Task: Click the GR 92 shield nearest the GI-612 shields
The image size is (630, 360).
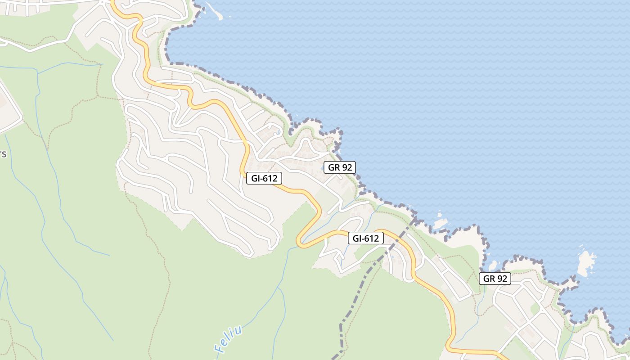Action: (340, 167)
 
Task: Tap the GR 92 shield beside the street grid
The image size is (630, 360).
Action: (495, 279)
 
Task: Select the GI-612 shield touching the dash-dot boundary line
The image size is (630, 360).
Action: (366, 238)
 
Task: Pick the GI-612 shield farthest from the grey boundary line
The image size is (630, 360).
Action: (264, 179)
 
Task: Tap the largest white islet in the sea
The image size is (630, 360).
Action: (586, 264)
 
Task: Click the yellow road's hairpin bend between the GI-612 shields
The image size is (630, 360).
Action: (300, 241)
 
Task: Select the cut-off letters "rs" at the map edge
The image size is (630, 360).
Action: (3, 154)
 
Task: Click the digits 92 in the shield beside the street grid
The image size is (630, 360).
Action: (502, 279)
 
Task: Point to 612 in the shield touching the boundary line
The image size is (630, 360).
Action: (372, 238)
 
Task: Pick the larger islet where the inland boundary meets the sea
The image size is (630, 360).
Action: (440, 223)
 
